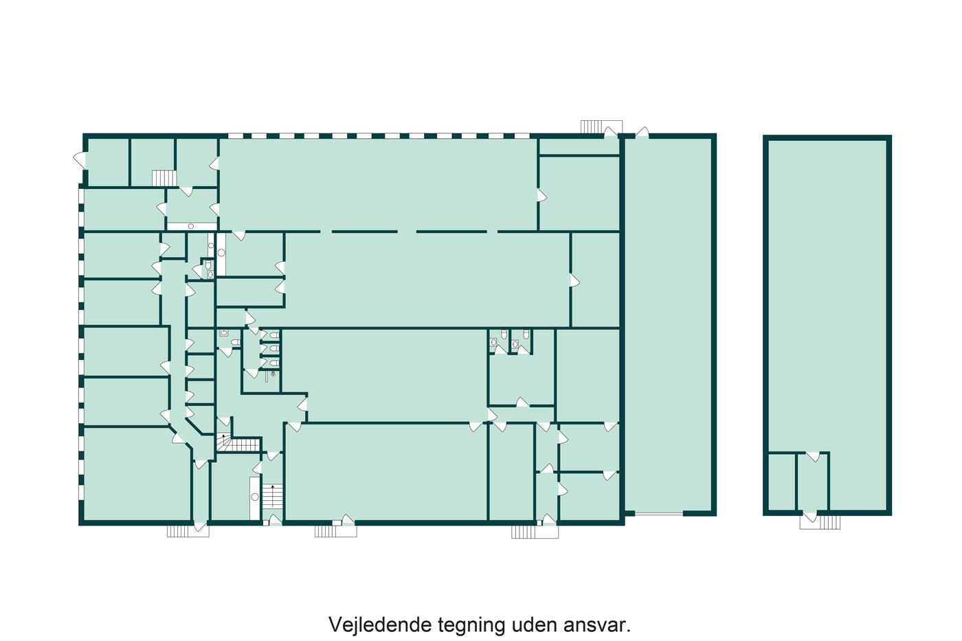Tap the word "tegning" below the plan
tap(471, 627)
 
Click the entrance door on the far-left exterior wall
tap(80, 160)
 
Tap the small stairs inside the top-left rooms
tap(164, 178)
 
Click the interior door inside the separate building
tap(813, 456)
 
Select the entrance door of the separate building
tap(810, 517)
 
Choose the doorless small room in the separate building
tap(782, 482)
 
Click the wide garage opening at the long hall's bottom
tap(659, 513)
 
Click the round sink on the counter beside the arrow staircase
tap(255, 497)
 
